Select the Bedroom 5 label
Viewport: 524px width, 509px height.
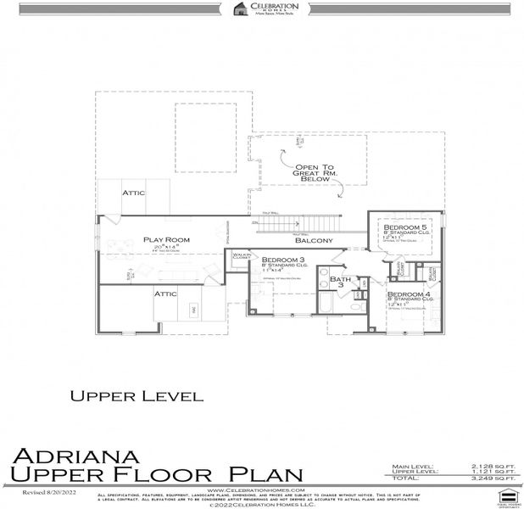pos(405,228)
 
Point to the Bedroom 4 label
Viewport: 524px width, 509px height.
pos(410,294)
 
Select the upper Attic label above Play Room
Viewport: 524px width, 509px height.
pos(134,193)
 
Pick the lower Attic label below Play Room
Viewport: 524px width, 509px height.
pos(164,294)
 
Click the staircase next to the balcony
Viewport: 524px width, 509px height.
pos(287,225)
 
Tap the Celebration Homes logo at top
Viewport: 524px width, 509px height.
pos(262,9)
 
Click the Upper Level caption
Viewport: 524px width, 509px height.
pos(136,395)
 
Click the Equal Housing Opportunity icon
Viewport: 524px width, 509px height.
pos(507,497)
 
